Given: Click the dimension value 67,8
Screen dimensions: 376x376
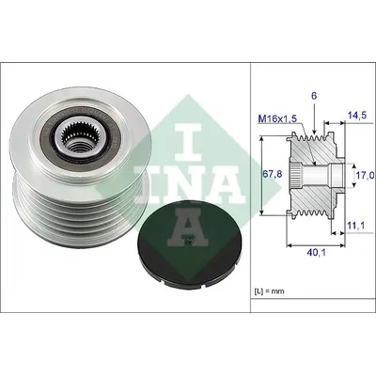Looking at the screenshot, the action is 272,175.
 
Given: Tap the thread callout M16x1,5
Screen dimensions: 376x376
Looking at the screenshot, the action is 278,118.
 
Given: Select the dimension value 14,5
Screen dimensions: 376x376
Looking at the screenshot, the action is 357,116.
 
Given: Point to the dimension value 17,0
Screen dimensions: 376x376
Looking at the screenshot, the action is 365,176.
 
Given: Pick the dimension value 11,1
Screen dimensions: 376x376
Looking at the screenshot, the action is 356,226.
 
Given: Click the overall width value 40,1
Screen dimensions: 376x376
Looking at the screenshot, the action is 317,253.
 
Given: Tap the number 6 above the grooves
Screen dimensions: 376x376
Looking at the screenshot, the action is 314,96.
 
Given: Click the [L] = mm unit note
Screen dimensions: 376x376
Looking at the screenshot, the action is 269,291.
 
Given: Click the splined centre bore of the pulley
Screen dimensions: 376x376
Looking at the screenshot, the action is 74,135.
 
